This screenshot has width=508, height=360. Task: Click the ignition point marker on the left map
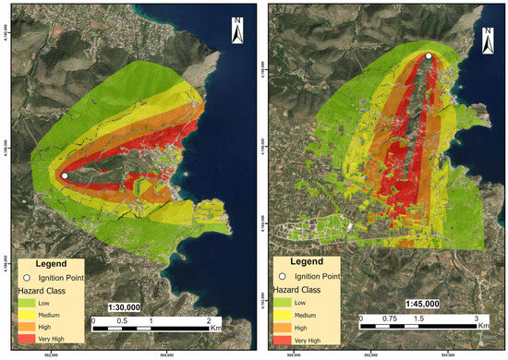[x=65, y=174]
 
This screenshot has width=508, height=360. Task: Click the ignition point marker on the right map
[x=428, y=56]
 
